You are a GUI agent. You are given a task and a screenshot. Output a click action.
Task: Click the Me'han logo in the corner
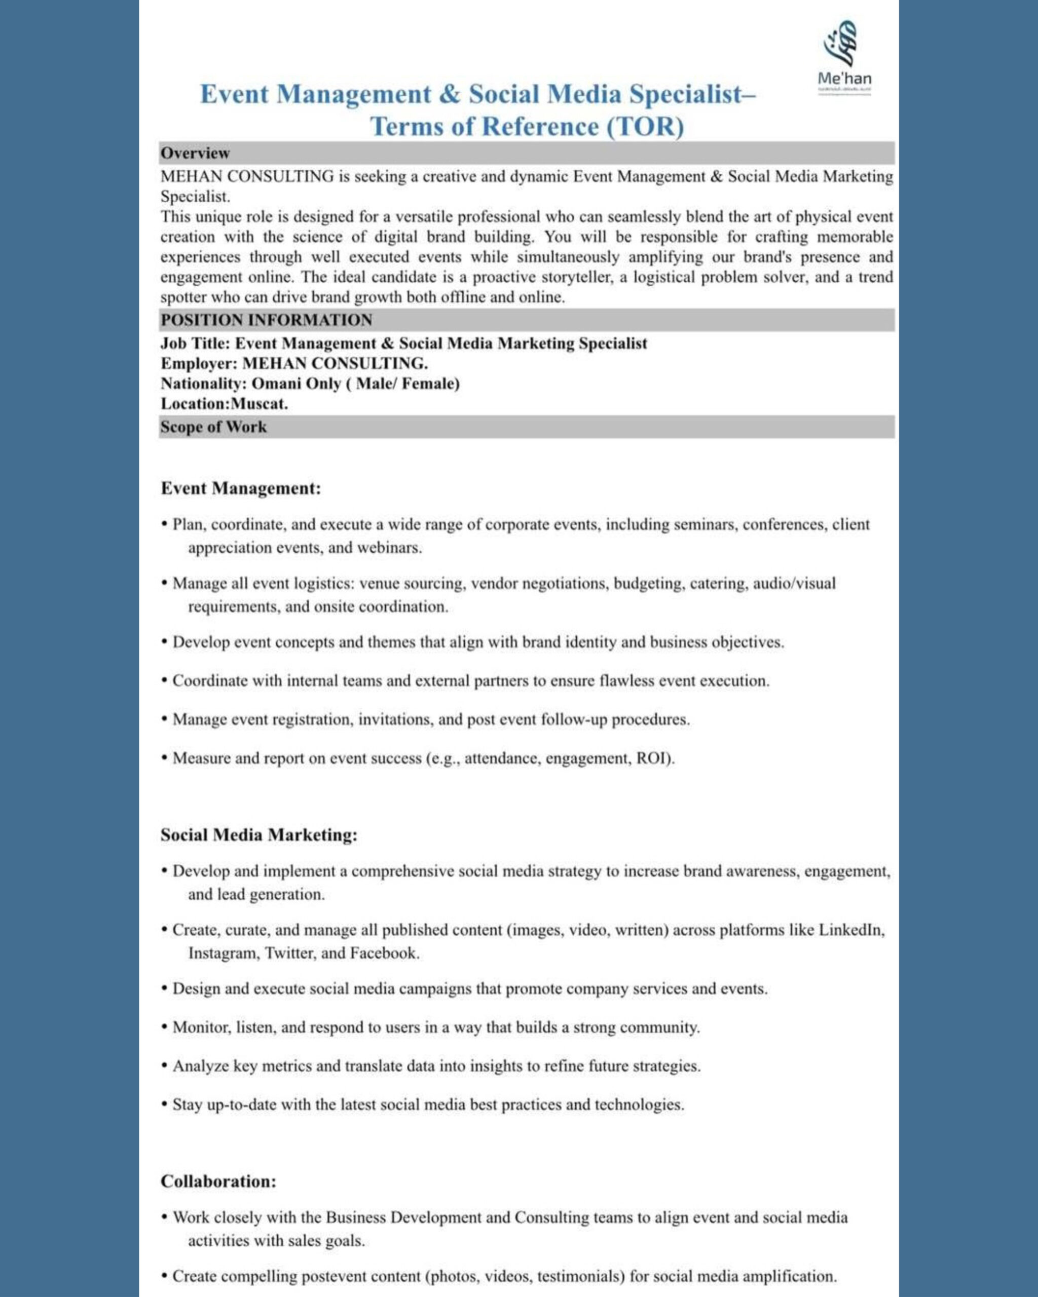point(844,57)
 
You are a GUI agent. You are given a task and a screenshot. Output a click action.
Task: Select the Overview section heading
point(195,154)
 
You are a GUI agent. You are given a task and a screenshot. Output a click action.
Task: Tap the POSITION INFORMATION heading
point(266,320)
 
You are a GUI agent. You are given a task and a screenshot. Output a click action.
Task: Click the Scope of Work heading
point(213,427)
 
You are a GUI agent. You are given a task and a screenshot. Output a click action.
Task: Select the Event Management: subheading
point(241,488)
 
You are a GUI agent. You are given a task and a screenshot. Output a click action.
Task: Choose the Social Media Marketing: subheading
point(259,835)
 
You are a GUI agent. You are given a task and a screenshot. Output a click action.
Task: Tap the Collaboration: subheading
point(218,1181)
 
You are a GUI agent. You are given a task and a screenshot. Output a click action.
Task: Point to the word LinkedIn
point(850,930)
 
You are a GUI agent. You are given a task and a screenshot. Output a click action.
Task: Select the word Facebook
point(383,953)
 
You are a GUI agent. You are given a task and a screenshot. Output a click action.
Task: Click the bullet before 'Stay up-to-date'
point(164,1105)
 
